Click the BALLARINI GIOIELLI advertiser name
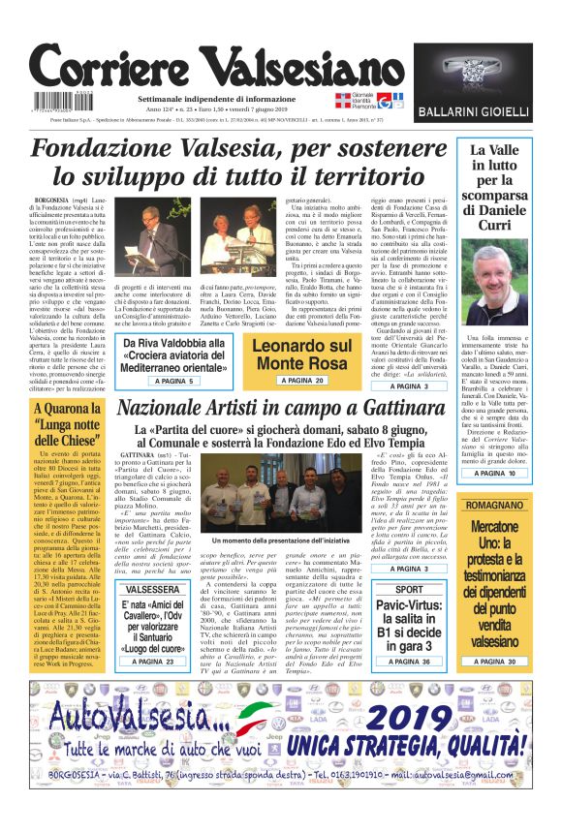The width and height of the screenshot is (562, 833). [486, 112]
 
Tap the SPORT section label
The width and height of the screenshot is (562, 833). [409, 589]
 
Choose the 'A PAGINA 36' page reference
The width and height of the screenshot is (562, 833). [409, 661]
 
